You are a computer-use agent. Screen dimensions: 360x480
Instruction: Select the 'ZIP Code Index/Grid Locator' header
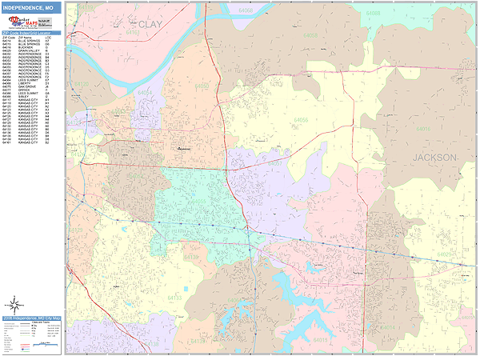pyautogui.click(x=30, y=33)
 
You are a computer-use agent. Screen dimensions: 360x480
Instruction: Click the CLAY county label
pyautogui.click(x=150, y=24)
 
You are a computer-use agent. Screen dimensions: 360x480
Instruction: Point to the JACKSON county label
pyautogui.click(x=435, y=158)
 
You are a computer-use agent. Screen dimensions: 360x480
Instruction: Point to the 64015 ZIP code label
pyautogui.click(x=320, y=339)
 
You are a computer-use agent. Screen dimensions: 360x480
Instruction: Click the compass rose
pyautogui.click(x=14, y=304)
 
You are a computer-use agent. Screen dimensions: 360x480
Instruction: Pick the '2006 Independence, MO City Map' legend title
pyautogui.click(x=30, y=318)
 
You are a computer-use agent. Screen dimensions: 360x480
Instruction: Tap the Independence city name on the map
pyautogui.click(x=185, y=148)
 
